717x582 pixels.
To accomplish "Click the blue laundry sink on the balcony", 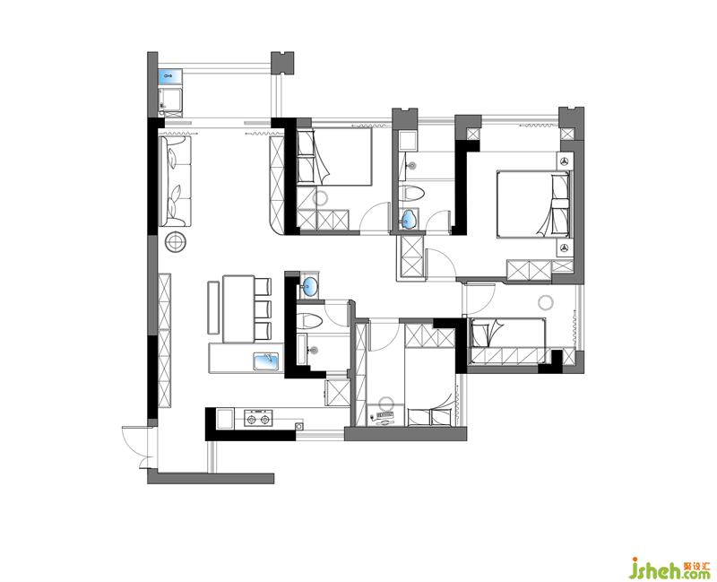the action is pyautogui.click(x=170, y=76).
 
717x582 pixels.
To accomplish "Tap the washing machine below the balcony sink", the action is pyautogui.click(x=170, y=101).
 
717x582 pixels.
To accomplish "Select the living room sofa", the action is pyautogui.click(x=175, y=181).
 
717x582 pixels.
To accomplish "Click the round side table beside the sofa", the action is pyautogui.click(x=176, y=241).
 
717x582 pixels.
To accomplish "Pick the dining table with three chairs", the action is pyautogui.click(x=238, y=308).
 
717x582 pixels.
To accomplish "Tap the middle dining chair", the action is pyautogui.click(x=263, y=308).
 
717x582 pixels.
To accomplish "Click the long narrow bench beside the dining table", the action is pyautogui.click(x=213, y=308).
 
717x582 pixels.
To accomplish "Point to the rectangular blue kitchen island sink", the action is pyautogui.click(x=266, y=361).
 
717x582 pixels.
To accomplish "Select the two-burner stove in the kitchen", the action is pyautogui.click(x=258, y=418).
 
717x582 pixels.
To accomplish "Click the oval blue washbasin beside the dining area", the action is pyautogui.click(x=310, y=286).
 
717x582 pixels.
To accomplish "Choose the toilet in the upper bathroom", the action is pyautogui.click(x=411, y=194).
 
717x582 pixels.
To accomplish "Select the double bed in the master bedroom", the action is pyautogui.click(x=534, y=204).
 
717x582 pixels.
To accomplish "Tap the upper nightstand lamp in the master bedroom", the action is pyautogui.click(x=566, y=161).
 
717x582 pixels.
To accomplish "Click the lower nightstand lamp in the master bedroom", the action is pyautogui.click(x=566, y=248).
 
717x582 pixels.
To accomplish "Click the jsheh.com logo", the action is pyautogui.click(x=669, y=569).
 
